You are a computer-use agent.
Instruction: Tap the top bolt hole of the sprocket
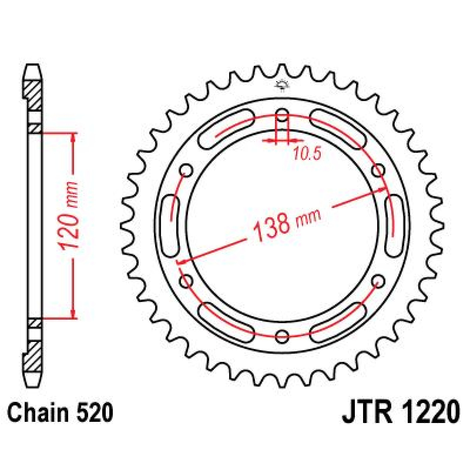click(x=282, y=115)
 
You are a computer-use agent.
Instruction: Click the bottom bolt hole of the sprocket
click(x=282, y=336)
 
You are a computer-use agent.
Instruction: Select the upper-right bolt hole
click(x=378, y=171)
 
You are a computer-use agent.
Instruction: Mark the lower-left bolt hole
click(x=186, y=280)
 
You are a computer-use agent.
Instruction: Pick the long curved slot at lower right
click(x=339, y=322)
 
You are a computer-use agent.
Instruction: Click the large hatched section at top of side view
click(x=33, y=94)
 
